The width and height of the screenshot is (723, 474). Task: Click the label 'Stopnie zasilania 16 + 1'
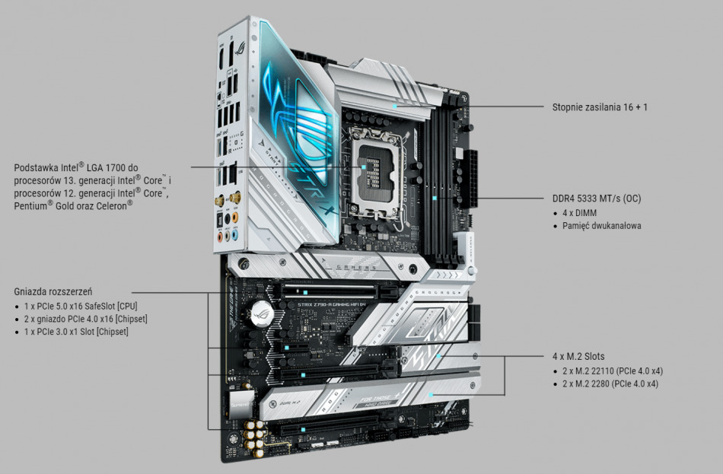point(600,107)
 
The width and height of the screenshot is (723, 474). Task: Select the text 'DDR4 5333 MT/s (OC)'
point(597,199)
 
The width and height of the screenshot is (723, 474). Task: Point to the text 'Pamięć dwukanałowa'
point(602,226)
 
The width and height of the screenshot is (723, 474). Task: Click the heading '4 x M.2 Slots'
point(579,356)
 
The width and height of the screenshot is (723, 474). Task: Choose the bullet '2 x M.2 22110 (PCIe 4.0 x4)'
point(613,371)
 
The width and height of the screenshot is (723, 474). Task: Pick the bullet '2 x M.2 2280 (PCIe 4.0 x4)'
point(610,384)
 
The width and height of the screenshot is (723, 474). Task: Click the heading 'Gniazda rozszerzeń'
point(53,291)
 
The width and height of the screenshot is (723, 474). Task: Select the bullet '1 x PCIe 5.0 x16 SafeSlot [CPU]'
point(81,306)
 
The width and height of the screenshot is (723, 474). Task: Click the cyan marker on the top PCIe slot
point(305,291)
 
